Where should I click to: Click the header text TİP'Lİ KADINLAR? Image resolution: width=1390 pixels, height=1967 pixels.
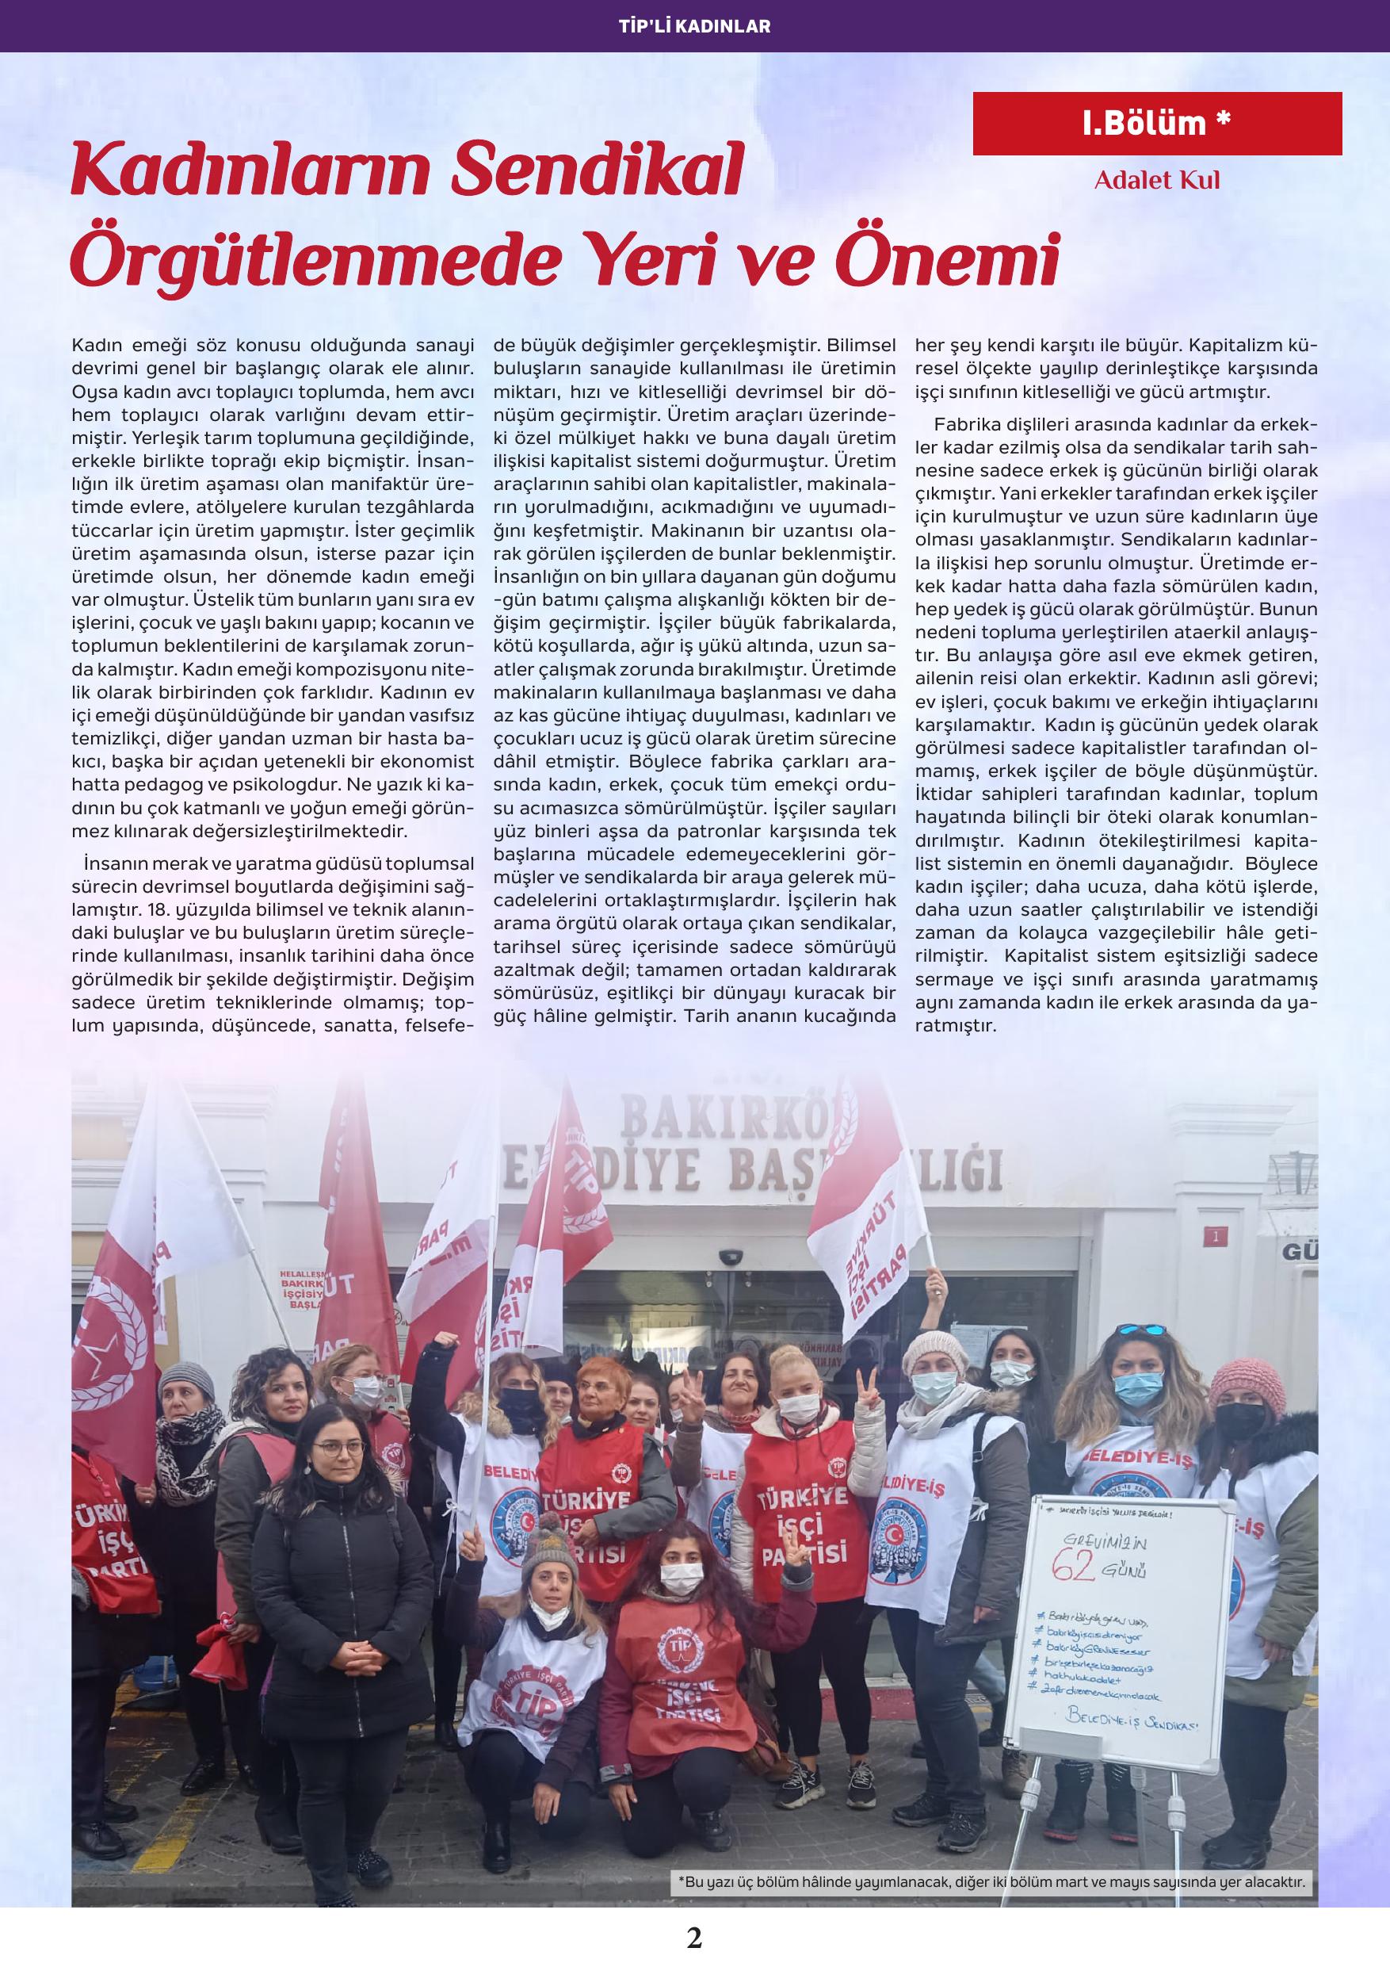click(694, 26)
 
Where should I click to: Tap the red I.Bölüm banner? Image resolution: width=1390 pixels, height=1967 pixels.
click(1157, 124)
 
